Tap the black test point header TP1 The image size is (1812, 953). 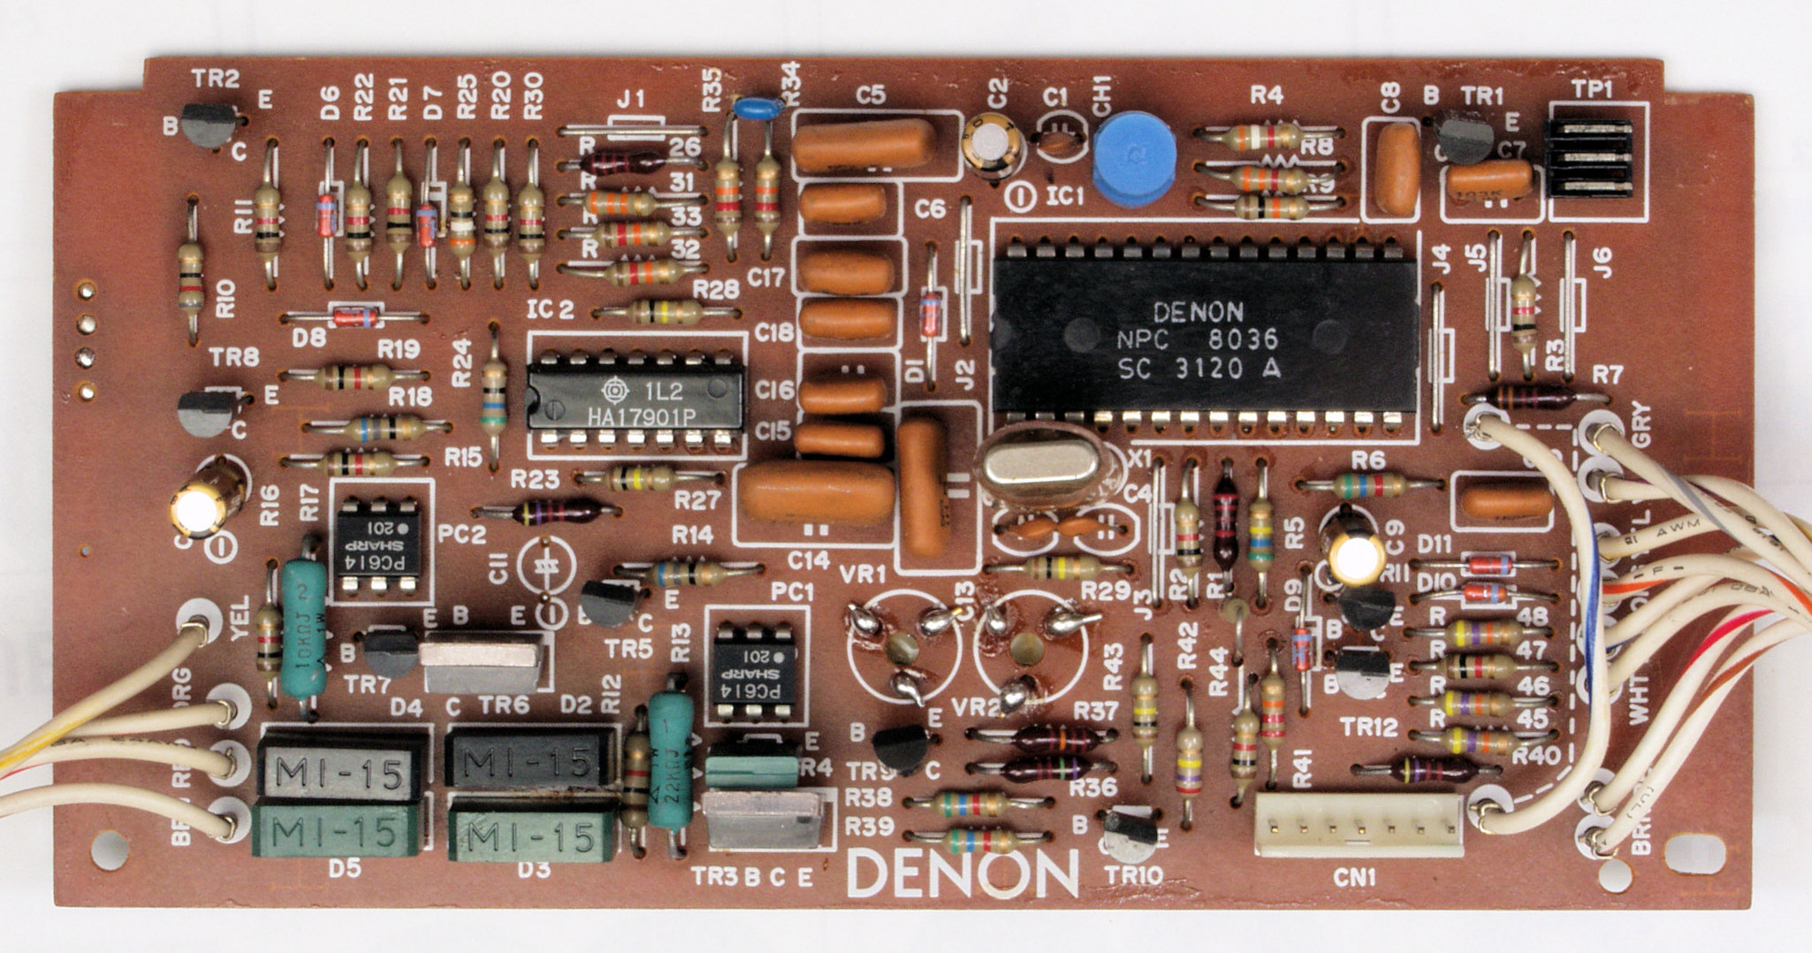tap(1587, 171)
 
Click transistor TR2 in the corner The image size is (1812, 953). tap(209, 125)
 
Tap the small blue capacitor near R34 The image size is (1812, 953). tap(757, 107)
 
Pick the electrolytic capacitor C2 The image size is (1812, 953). tap(994, 146)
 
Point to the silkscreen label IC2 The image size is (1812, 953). tap(549, 309)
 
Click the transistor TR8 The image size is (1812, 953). tap(208, 412)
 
